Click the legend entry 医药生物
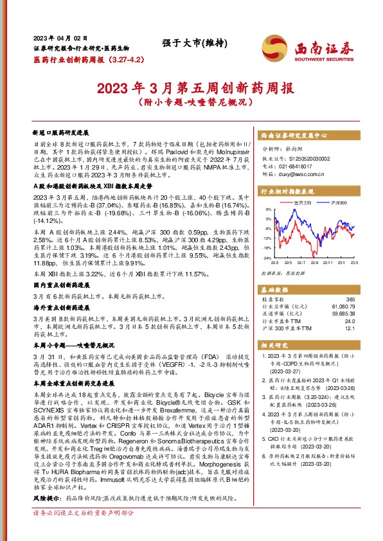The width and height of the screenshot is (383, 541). click(x=306, y=204)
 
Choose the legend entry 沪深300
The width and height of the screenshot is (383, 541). click(x=338, y=204)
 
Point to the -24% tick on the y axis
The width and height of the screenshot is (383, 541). click(x=265, y=258)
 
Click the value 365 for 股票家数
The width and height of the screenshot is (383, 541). click(x=368, y=300)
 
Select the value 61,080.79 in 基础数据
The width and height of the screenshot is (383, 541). click(x=360, y=307)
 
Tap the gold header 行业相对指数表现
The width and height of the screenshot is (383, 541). click(x=287, y=191)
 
